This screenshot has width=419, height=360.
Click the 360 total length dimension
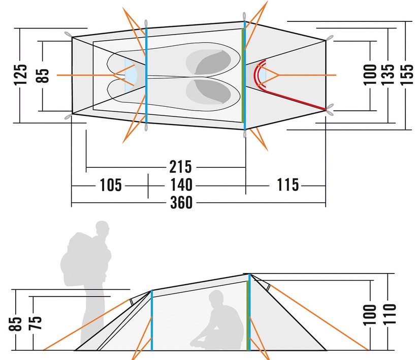181,202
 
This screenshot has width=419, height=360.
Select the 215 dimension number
181,167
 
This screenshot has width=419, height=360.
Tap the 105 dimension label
111,185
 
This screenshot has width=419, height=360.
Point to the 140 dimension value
181,185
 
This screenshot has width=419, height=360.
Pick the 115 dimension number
287,185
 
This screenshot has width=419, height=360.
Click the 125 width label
21,75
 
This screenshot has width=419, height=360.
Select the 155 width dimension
407,75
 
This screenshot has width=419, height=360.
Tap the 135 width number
388,75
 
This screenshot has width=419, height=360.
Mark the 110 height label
390,314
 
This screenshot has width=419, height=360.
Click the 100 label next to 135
370,75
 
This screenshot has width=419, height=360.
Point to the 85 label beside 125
43,75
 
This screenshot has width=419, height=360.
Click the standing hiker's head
103,228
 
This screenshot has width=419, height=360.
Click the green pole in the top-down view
243,75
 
